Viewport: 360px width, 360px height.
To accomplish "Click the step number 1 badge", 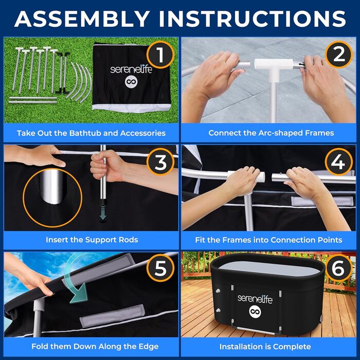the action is pyautogui.click(x=160, y=55).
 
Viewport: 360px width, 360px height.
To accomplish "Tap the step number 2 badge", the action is pyautogui.click(x=338, y=55).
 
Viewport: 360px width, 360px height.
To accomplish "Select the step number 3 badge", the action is pyautogui.click(x=160, y=161).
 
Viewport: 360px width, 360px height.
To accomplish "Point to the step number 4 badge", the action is pyautogui.click(x=338, y=161).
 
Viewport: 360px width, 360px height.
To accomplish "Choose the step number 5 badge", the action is pyautogui.click(x=160, y=268).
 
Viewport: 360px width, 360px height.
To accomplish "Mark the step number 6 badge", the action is pyautogui.click(x=338, y=268).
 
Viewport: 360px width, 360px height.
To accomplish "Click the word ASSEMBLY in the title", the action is pyautogui.click(x=82, y=19).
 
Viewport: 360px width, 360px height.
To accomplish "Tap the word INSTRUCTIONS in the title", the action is pyautogui.click(x=252, y=19).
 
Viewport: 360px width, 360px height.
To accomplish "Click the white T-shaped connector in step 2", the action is pyautogui.click(x=274, y=69).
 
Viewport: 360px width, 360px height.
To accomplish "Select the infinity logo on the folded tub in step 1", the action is pyautogui.click(x=131, y=81).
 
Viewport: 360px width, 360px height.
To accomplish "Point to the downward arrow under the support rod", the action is pyautogui.click(x=103, y=214).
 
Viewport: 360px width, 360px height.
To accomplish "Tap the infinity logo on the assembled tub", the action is pyautogui.click(x=255, y=312).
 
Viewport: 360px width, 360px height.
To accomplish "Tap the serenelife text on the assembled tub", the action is pyautogui.click(x=255, y=299).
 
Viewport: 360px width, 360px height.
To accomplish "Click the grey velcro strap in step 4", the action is pyautogui.click(x=322, y=201).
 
